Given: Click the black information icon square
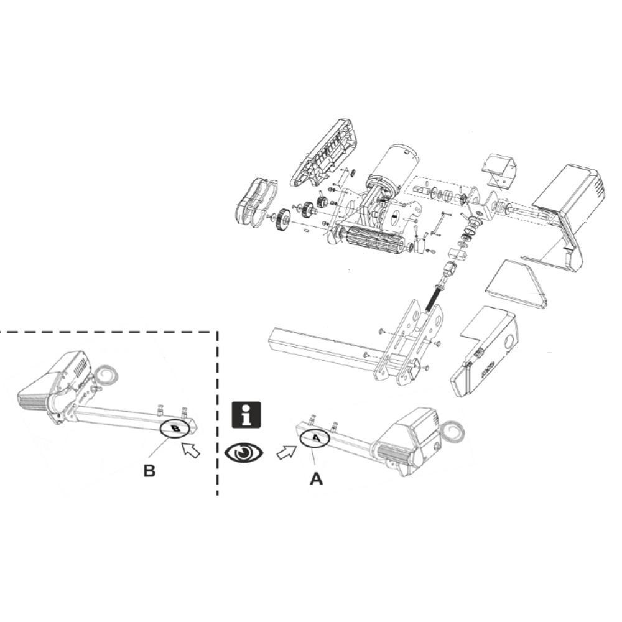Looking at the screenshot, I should tap(247, 415).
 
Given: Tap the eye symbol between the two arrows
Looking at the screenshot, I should tap(244, 452).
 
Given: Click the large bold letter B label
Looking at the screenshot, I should tap(149, 470).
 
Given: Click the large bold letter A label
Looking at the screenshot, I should tap(317, 479).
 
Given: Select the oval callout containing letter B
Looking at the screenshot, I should tap(176, 429).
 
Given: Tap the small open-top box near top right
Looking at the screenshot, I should tap(501, 170).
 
